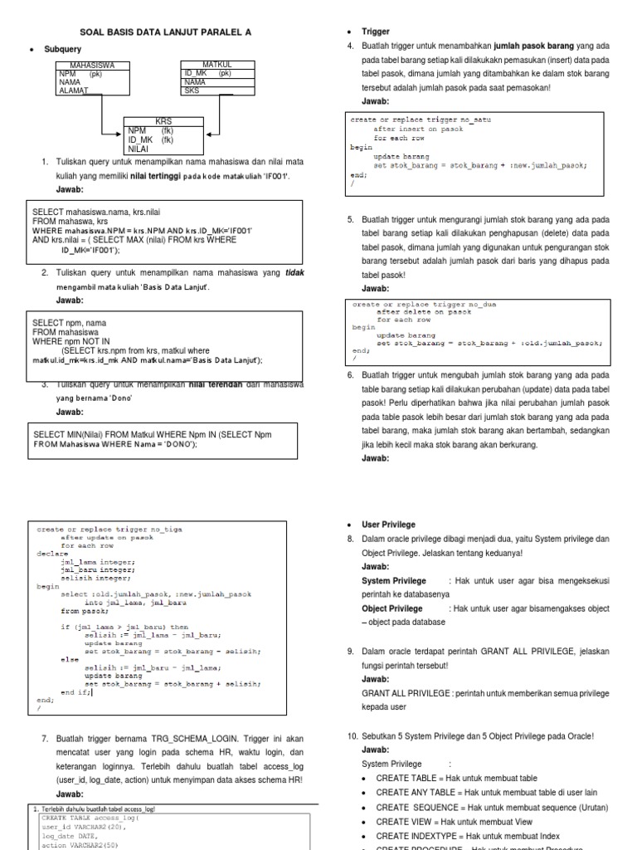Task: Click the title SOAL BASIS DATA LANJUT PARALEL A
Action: [164, 32]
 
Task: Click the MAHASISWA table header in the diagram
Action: [92, 65]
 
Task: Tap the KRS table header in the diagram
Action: [163, 121]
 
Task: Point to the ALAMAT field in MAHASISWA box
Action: [74, 90]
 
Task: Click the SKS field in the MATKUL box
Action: [192, 91]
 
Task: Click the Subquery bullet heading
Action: [62, 50]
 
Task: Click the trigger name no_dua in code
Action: [479, 305]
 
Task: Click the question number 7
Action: [44, 738]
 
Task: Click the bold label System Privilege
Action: [394, 581]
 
